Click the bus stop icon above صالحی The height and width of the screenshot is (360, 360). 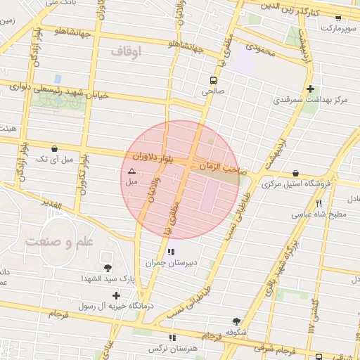click(x=213, y=79)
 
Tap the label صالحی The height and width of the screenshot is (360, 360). click(x=212, y=91)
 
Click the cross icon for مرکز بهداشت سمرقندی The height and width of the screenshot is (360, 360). click(x=310, y=89)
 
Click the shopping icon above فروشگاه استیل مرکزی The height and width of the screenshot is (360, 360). click(x=295, y=172)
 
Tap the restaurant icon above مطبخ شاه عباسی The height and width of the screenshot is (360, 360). click(x=319, y=202)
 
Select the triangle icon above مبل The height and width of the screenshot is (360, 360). click(x=131, y=171)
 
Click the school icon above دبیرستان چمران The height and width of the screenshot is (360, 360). click(x=171, y=251)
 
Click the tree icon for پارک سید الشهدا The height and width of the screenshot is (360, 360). click(x=108, y=268)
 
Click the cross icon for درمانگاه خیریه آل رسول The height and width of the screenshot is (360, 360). click(x=116, y=295)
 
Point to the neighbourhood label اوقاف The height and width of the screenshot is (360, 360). click(x=127, y=51)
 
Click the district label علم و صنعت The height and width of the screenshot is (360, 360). click(x=59, y=242)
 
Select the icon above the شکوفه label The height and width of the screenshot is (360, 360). click(x=236, y=320)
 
